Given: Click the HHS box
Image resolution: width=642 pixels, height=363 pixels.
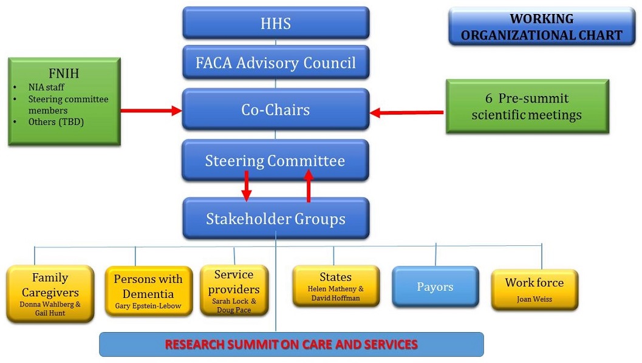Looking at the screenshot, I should coord(276,23).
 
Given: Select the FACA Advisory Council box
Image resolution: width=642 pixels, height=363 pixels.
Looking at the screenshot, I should coord(276,62).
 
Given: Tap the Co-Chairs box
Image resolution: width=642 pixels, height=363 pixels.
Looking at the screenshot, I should coord(276,109).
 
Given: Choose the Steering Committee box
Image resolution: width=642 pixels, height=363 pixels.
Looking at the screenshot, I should coord(275,161).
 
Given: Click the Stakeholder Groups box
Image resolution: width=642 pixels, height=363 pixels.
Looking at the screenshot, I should coord(275,219).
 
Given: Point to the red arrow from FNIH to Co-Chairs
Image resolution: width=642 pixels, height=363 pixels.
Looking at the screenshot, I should coord(151,110).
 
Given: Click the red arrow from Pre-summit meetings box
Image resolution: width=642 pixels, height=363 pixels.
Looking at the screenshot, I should coord(406,112).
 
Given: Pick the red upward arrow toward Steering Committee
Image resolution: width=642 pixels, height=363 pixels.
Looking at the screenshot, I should coord(309,185).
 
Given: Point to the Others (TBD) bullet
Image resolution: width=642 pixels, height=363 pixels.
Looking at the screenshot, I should coord(55,122).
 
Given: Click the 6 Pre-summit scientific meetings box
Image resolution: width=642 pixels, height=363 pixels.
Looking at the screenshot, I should coord(527,106).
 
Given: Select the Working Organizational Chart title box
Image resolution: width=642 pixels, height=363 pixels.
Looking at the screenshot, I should coord(541,27).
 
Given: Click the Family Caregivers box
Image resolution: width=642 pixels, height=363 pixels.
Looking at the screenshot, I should coord(50,294).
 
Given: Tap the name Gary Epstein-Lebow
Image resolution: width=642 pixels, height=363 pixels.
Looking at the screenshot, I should coord(148,306).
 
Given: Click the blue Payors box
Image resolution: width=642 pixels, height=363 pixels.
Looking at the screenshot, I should coord(435,287).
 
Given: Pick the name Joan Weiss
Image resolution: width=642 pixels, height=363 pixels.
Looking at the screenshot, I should coord(534,299).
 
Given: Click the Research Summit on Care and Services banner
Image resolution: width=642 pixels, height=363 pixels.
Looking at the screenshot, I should coord(292,345).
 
